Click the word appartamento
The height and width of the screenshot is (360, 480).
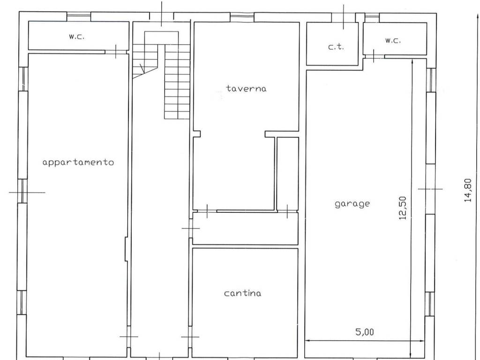78,162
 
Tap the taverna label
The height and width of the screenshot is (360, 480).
247,89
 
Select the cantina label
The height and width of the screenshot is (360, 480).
243,293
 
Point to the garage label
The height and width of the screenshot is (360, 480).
352,204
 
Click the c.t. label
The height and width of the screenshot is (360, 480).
336,47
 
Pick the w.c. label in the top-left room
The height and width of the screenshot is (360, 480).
76,37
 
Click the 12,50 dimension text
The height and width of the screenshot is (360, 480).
403,208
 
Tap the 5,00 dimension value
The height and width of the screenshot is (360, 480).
365,332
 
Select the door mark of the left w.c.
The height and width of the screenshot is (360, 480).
116,52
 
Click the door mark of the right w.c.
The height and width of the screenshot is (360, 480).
374,56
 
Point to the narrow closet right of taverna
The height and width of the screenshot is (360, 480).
287,174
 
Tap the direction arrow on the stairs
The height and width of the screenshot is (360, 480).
142,68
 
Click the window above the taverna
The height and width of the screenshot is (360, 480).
242,17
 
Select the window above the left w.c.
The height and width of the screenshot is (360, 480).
79,16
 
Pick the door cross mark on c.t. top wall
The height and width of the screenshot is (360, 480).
343,17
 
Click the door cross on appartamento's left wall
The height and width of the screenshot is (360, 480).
22,192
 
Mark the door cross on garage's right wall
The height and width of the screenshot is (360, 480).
430,189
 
